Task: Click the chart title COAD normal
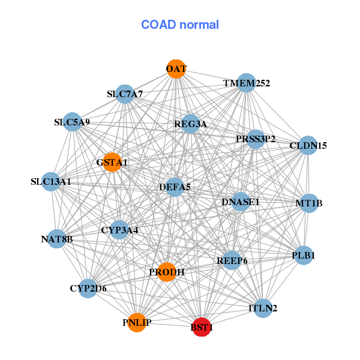point(180,25)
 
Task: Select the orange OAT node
point(176,69)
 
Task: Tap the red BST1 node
point(202,328)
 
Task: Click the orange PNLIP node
point(137,323)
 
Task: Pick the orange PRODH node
point(166,272)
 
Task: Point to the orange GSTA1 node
point(112,162)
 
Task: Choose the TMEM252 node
point(246,83)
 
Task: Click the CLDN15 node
point(308,145)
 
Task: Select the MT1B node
point(308,203)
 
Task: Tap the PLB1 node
point(303,256)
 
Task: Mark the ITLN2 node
point(263,308)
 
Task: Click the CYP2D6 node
point(88,289)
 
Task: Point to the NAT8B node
point(57,239)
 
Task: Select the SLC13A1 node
point(51,181)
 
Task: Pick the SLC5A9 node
point(72,122)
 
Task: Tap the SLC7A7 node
point(125,94)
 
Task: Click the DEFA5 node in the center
point(175,187)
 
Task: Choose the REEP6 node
point(232,260)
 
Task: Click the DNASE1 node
point(241,202)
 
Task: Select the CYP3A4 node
point(119,229)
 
